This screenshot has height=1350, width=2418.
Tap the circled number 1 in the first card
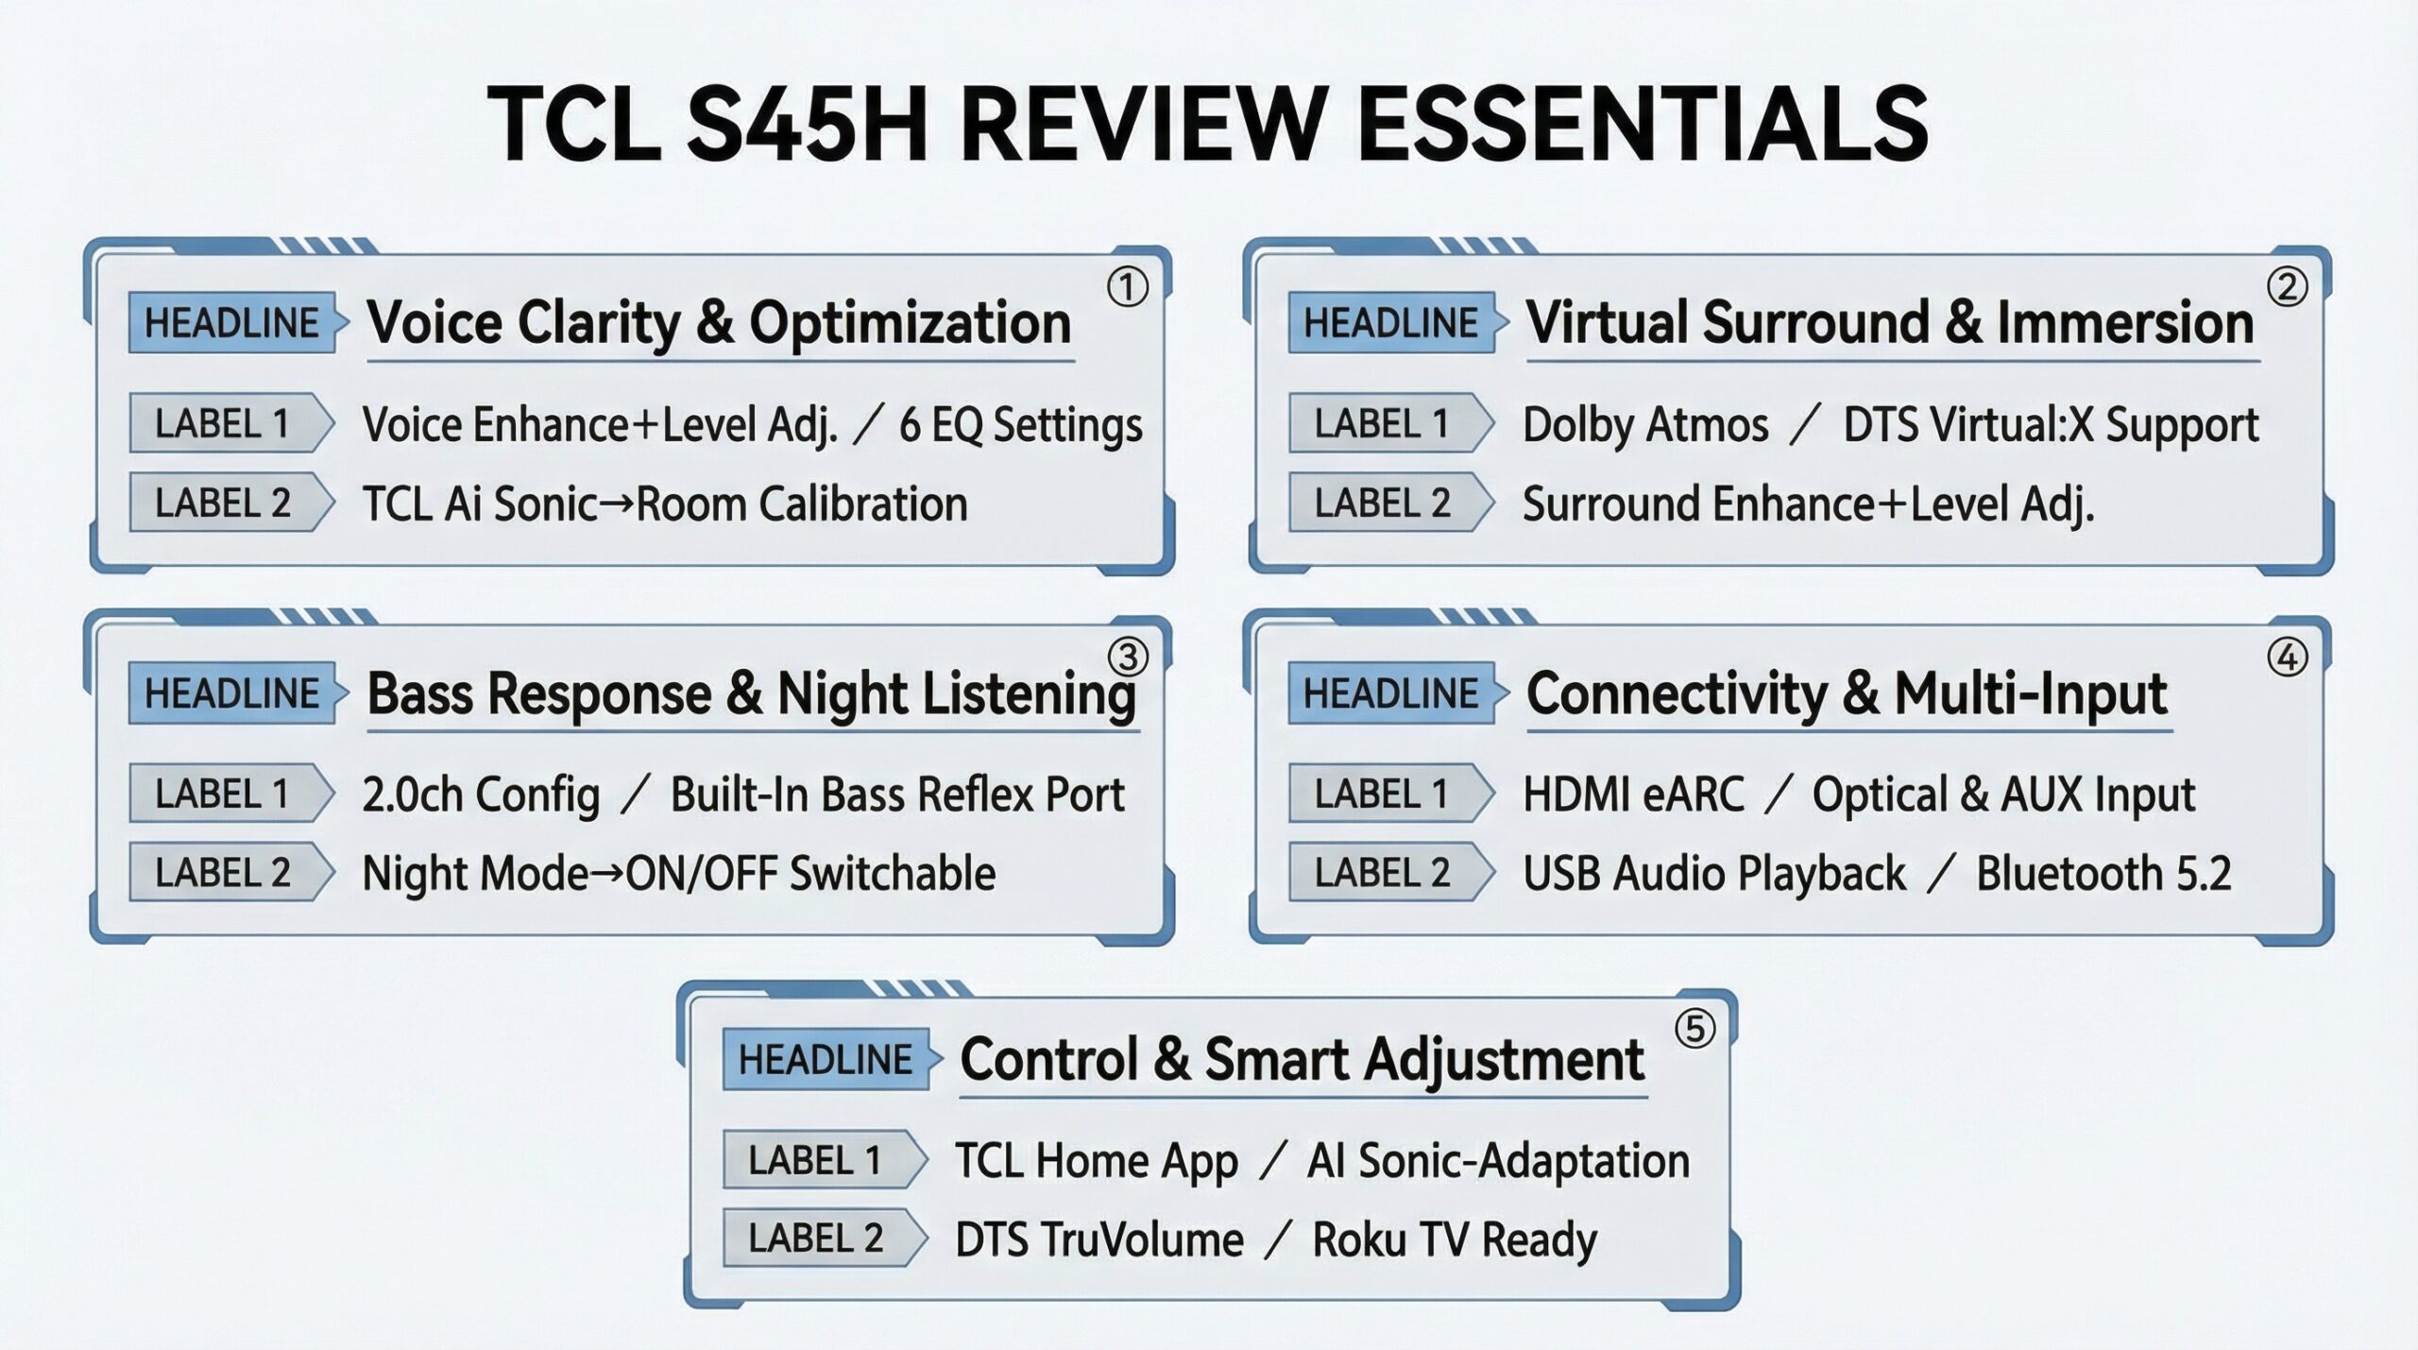[x=1127, y=287]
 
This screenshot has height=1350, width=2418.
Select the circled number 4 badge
[x=2287, y=658]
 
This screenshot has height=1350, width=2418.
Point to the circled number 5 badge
[x=1694, y=1028]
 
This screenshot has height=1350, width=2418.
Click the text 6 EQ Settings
[x=1020, y=425]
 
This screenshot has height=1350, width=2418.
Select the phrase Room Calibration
[x=802, y=504]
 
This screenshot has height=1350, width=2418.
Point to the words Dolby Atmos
[x=1645, y=425]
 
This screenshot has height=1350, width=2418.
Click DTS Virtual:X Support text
[x=2051, y=425]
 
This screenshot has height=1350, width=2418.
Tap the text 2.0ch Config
[x=481, y=795]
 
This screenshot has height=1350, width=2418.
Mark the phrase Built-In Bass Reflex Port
[x=897, y=795]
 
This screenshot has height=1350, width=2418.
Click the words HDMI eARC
[x=1633, y=795]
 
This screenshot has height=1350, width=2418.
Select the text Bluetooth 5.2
[x=2103, y=874]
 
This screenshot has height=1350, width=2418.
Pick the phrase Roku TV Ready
[x=1455, y=1240]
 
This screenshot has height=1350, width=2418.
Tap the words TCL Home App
[x=1096, y=1162]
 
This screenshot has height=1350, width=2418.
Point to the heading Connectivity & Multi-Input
[x=1847, y=694]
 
